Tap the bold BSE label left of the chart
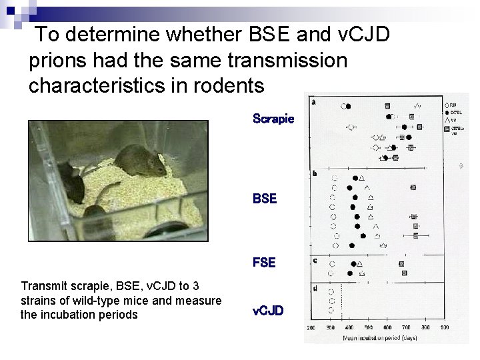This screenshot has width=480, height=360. tap(265, 199)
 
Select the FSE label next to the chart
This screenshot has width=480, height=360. tap(264, 263)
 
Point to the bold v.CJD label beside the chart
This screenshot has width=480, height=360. tap(268, 311)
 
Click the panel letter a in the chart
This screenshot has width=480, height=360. tap(314, 102)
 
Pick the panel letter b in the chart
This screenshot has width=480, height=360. tap(314, 174)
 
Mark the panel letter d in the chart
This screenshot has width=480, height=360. tap(314, 289)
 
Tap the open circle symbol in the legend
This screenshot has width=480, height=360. tap(446, 105)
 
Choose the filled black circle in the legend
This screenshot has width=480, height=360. tap(446, 113)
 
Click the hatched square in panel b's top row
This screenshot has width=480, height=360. tap(413, 188)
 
